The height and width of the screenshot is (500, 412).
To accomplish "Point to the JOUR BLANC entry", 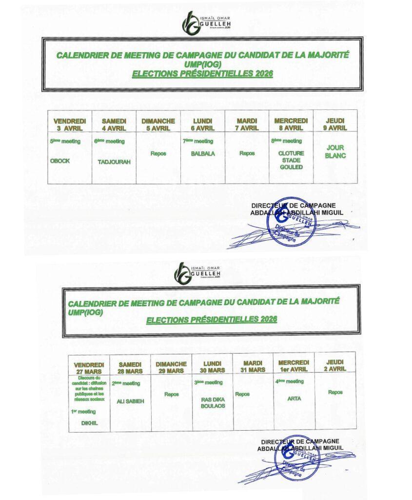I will tap(335, 152).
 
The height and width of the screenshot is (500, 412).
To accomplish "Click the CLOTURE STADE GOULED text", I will tap(291, 160).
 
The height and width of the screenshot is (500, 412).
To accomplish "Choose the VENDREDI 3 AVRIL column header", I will tap(70, 124).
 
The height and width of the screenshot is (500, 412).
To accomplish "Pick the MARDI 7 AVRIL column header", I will tap(247, 124).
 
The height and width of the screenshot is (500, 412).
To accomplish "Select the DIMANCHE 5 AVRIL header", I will tap(158, 124).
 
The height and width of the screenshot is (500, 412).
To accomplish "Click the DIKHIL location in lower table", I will tap(90, 423).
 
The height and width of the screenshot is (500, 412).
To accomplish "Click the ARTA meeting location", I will tap(294, 398).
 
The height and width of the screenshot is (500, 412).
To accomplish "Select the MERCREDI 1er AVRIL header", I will tap(294, 366).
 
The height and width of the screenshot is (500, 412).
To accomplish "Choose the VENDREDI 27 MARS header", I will tap(89, 368).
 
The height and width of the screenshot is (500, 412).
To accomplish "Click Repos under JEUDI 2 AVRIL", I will tap(335, 392).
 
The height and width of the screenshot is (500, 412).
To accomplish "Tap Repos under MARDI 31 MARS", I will tap(242, 394).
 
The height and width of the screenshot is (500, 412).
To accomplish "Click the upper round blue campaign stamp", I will tap(291, 221).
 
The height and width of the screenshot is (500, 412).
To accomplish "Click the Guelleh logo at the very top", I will tap(206, 22).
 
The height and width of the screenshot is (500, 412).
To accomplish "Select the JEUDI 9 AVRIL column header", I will tap(335, 124).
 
